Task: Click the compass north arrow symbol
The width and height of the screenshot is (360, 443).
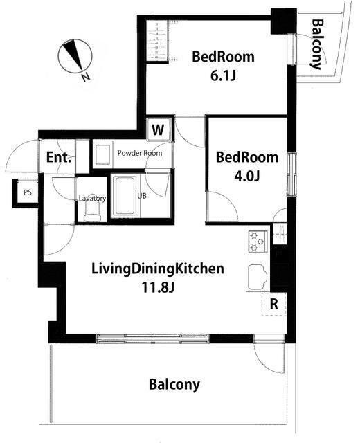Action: point(75,56)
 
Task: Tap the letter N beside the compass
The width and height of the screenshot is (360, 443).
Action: point(86,77)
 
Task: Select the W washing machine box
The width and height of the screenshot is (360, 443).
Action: point(158,129)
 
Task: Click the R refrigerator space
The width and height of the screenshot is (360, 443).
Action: point(273,304)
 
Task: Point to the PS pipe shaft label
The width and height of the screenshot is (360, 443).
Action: point(28,192)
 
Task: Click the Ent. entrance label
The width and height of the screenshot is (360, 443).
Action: point(58,157)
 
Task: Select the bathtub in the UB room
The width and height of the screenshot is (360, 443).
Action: point(125,196)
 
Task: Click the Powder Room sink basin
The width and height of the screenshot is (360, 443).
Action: point(102,154)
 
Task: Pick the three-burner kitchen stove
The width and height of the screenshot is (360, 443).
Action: point(258,242)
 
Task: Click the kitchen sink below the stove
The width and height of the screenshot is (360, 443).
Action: point(258,278)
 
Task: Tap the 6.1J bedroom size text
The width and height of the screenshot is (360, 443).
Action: point(223,75)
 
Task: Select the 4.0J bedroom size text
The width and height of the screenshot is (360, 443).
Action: point(246,176)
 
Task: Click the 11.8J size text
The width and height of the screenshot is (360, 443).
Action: point(158,288)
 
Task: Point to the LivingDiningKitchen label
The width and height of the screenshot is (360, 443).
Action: point(158,269)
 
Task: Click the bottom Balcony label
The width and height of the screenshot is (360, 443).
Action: point(174,385)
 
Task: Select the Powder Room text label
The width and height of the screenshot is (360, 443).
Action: point(140,153)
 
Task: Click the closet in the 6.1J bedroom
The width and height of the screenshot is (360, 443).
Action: point(158,40)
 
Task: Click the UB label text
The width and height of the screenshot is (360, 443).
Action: point(142,195)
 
